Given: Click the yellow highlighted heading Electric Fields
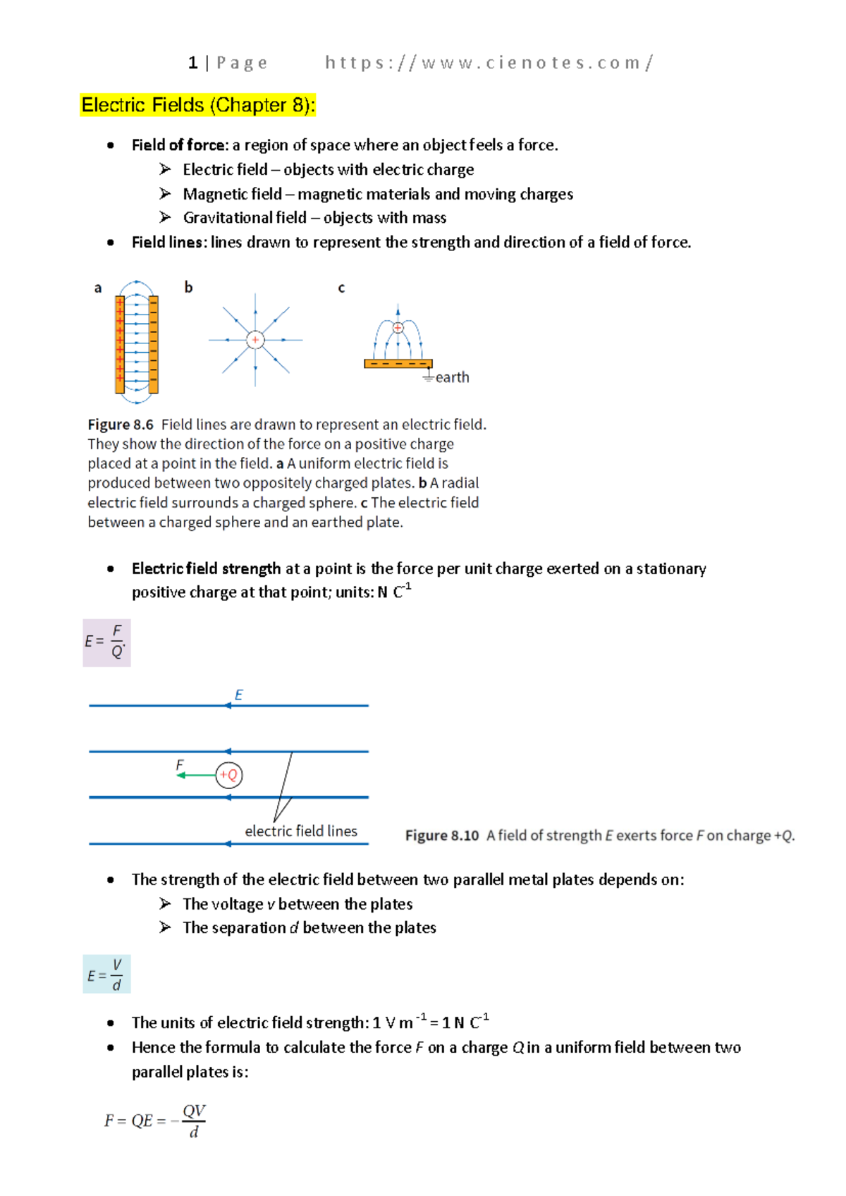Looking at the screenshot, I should [198, 105].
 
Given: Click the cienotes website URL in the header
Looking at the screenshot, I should [489, 63].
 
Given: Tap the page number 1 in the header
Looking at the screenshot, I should [192, 63].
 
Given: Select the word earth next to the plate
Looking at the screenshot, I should [452, 377].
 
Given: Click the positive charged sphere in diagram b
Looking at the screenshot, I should [255, 340].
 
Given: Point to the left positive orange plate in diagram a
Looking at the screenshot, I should [120, 344].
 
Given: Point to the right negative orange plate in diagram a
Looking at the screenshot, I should [154, 344].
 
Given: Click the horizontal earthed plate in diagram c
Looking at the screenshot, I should [398, 364].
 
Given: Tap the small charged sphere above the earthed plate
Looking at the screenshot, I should [398, 328].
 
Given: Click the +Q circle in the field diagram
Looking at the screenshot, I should [228, 775].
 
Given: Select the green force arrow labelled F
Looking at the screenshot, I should [195, 775].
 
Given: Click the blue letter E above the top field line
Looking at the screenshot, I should [238, 695].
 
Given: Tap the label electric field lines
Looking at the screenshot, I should [301, 831].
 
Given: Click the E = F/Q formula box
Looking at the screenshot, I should [106, 642].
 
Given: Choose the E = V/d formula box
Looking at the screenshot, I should [106, 975].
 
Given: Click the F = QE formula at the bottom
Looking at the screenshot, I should [155, 1120].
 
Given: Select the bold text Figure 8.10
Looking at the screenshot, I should [442, 836].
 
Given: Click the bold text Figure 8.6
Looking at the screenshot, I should [120, 425].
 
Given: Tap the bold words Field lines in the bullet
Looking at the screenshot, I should [168, 243].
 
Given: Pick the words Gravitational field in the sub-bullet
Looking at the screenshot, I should [244, 218].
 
